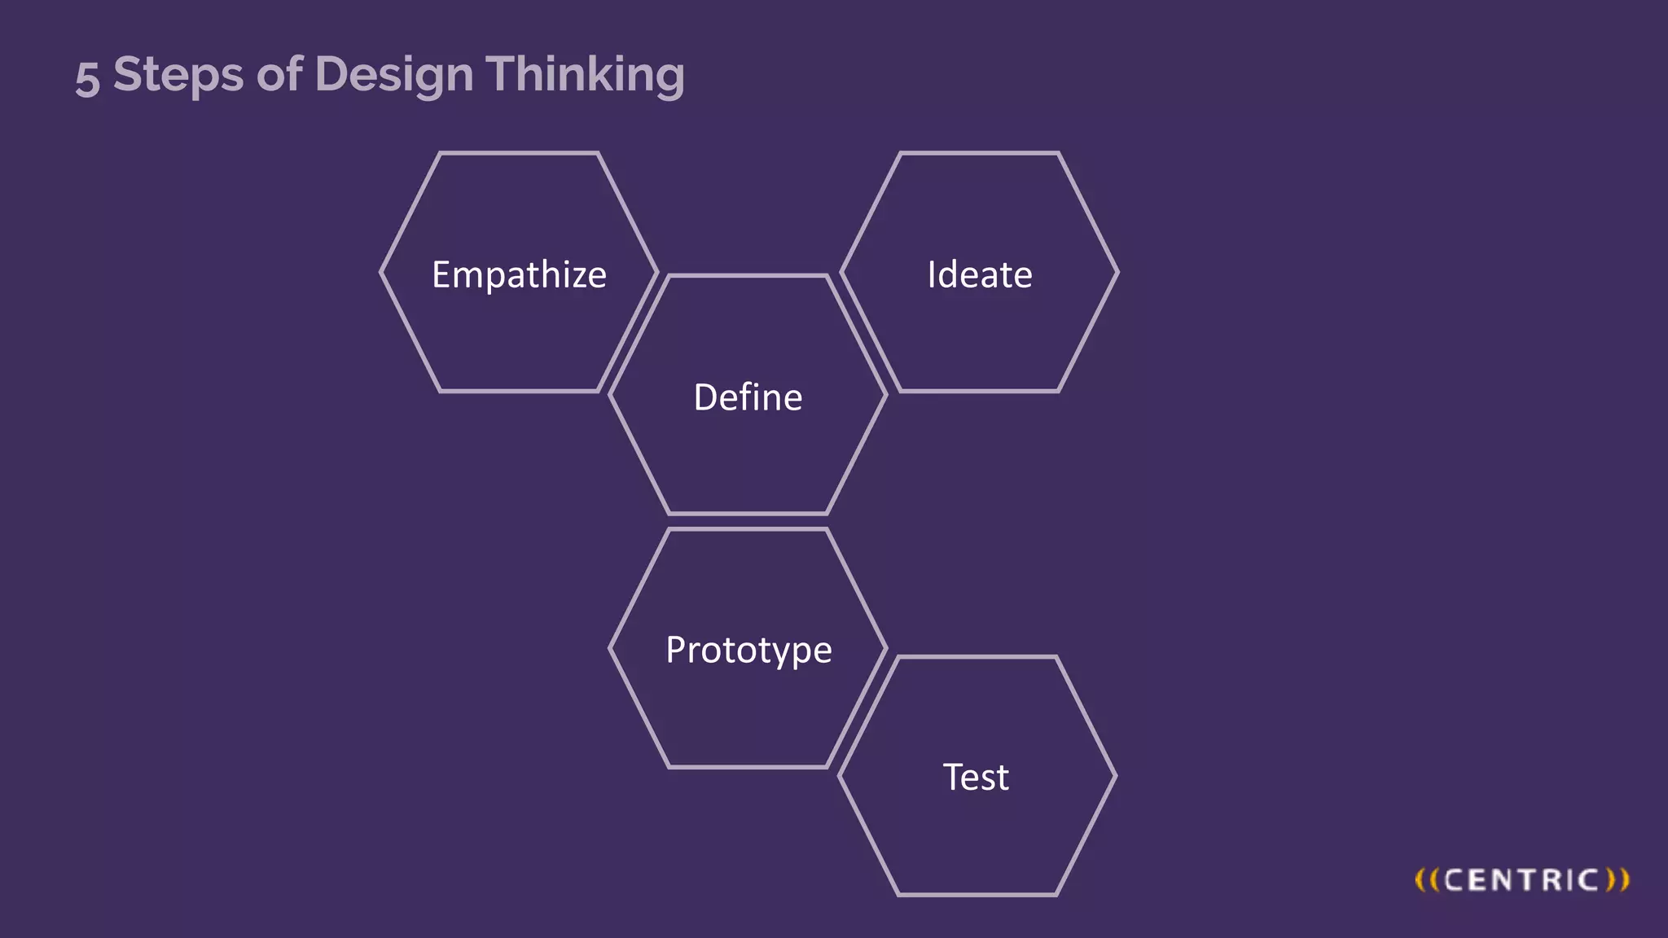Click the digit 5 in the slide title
coord(87,79)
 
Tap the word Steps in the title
coord(178,75)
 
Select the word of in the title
coord(279,74)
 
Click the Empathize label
coord(519,275)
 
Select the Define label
coord(748,397)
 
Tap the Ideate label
coord(980,275)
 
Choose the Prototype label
coord(748,651)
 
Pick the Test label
coord(976,777)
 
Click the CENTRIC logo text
coord(1521,880)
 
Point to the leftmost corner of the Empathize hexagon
coord(381,273)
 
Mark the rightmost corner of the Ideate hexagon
coord(1117,273)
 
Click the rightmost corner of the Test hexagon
coord(1115,776)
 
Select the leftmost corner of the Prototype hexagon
coord(610,648)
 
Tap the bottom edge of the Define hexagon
coord(748,513)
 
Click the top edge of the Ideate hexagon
coord(979,153)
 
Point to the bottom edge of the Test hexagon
coord(977,894)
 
